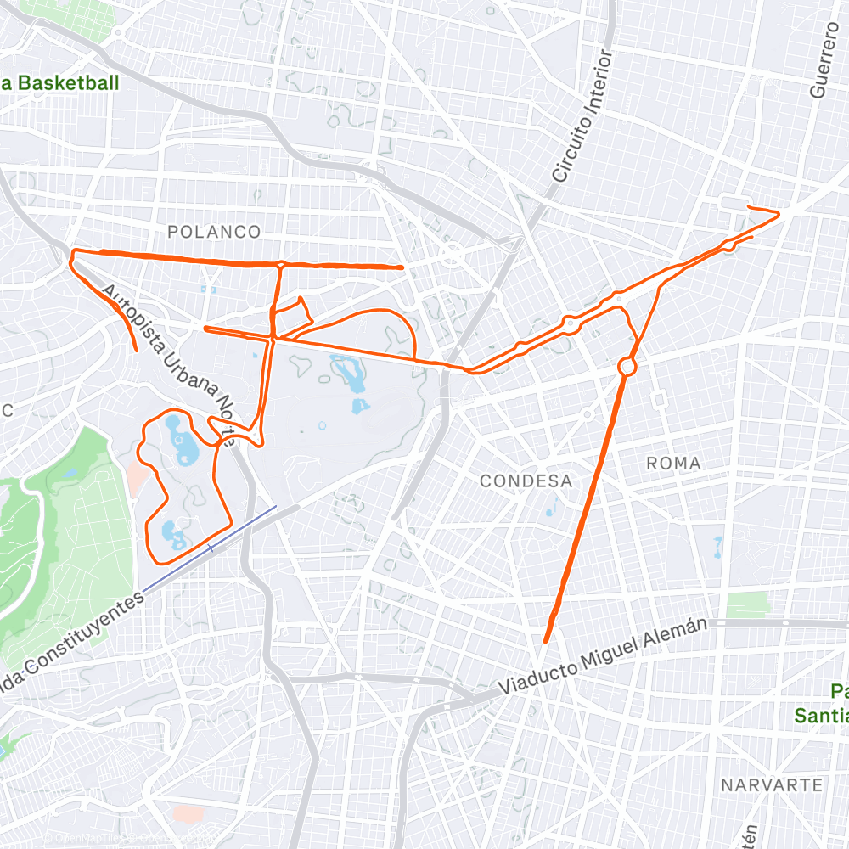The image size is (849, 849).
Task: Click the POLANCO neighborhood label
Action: coord(213,232)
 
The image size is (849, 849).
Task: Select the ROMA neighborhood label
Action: coord(673,463)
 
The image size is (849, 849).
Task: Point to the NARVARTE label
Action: coord(772,784)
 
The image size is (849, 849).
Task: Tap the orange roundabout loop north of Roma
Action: coord(627,367)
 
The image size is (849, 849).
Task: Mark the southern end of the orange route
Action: coord(545,641)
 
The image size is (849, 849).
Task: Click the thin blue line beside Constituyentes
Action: coord(209,548)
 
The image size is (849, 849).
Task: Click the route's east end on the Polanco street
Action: coord(402,267)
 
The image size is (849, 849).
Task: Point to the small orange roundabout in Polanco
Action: coord(279,264)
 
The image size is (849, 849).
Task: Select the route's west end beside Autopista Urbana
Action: coord(136,349)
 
